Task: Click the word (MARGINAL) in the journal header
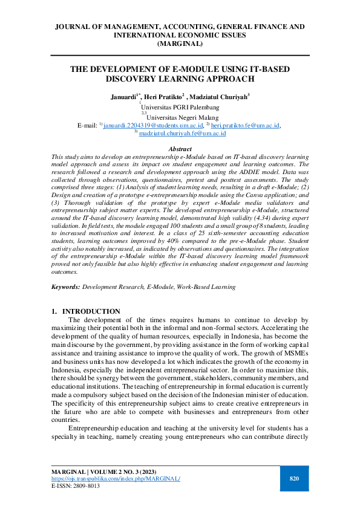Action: tap(180, 44)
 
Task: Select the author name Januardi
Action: tap(124, 96)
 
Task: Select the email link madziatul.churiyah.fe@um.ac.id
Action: tap(182, 134)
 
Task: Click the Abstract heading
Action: tap(180, 149)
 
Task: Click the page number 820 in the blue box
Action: tap(295, 479)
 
